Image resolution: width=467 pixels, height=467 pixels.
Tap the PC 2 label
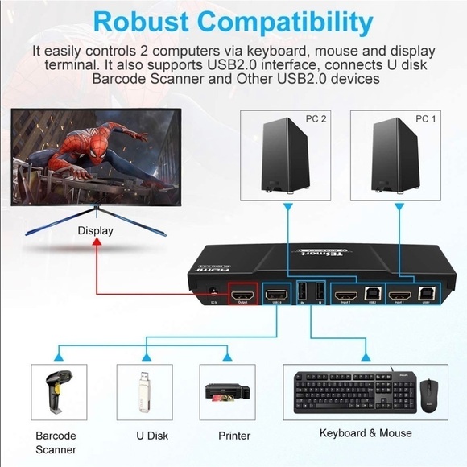(x=316, y=119)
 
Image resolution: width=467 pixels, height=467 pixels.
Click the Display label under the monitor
(x=95, y=231)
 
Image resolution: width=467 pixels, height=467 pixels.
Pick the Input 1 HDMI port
(x=399, y=298)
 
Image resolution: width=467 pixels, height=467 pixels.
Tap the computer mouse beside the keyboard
(x=428, y=394)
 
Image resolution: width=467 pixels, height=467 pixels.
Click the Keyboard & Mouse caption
(x=365, y=433)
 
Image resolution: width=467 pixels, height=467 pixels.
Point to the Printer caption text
(x=234, y=436)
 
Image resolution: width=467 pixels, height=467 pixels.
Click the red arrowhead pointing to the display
(x=95, y=243)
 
